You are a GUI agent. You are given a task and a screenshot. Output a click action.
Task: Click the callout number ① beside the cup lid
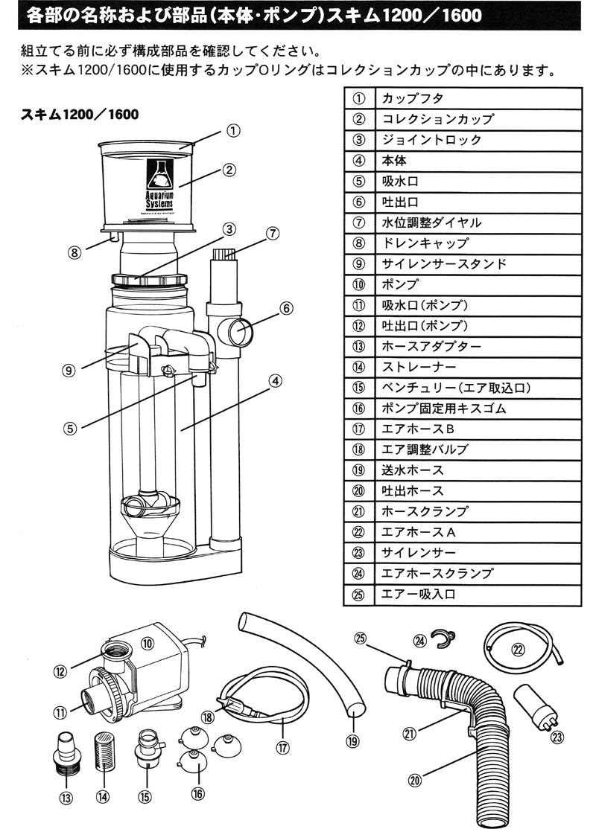click(233, 131)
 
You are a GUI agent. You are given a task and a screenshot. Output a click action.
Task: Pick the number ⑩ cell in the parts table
click(359, 284)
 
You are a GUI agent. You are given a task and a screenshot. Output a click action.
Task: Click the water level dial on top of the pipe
click(222, 257)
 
